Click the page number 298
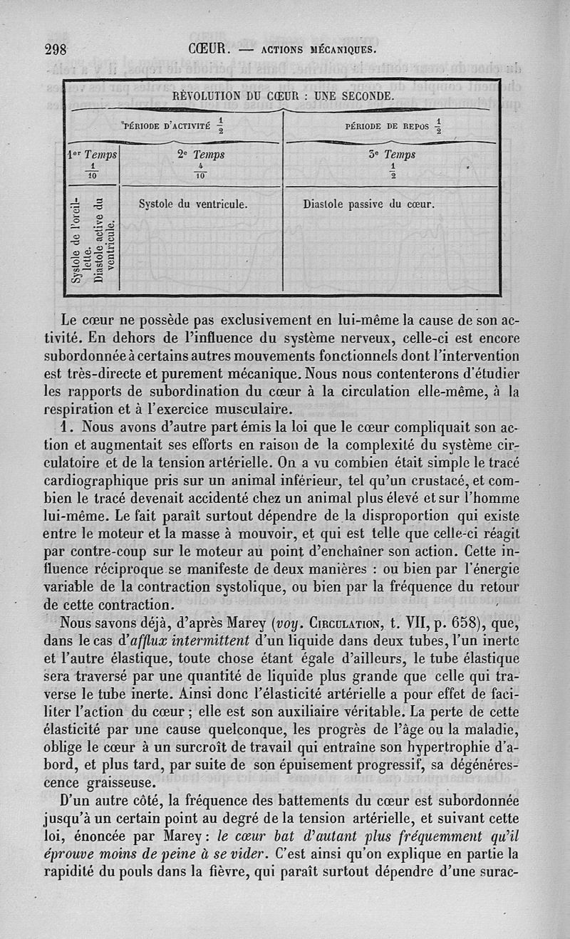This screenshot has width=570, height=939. (x=55, y=49)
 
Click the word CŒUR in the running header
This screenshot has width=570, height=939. (x=207, y=49)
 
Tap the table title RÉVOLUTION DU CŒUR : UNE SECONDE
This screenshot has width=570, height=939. (x=284, y=95)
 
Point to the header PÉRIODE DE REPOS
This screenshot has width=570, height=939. (x=388, y=127)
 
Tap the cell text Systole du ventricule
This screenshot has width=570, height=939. (x=192, y=204)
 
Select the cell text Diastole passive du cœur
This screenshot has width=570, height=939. (x=368, y=204)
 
